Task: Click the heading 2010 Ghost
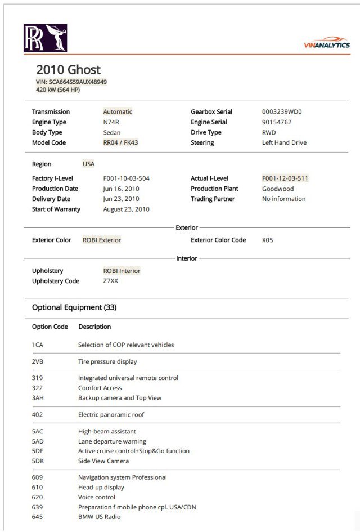(x=68, y=70)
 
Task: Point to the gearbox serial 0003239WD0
(x=282, y=112)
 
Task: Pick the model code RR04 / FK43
(x=120, y=143)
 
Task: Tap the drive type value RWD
(x=269, y=133)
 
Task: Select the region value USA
(x=89, y=164)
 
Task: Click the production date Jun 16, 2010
(x=121, y=189)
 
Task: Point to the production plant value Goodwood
(x=278, y=189)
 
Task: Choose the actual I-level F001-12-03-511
(x=285, y=178)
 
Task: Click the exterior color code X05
(x=267, y=240)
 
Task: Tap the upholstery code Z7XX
(x=111, y=281)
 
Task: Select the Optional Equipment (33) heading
(x=74, y=307)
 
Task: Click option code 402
(x=37, y=415)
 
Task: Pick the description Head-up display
(x=101, y=488)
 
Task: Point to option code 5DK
(x=38, y=461)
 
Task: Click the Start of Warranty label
(x=56, y=209)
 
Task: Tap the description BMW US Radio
(x=100, y=517)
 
